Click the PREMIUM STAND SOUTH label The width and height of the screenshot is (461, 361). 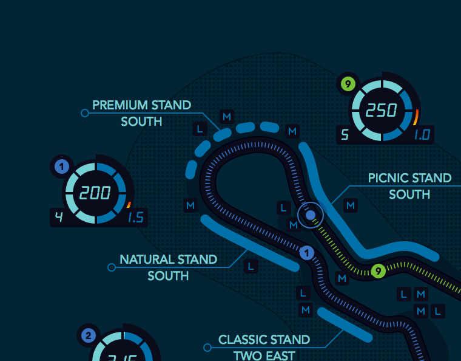[x=141, y=113]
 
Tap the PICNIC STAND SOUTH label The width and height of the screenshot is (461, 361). [x=409, y=186]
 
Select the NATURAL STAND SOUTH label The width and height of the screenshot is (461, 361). [x=168, y=267]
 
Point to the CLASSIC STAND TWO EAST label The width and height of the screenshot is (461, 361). [x=264, y=347]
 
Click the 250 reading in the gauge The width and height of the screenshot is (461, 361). [x=382, y=111]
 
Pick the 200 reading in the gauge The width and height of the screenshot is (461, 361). [x=95, y=193]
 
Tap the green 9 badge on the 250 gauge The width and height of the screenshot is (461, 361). [x=348, y=83]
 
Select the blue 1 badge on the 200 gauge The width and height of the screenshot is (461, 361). [x=61, y=166]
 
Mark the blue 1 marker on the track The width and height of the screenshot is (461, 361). [x=307, y=253]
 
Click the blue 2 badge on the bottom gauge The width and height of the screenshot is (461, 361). [x=88, y=335]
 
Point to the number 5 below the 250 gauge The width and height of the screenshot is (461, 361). [x=345, y=135]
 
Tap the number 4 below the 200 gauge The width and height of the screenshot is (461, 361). [x=59, y=218]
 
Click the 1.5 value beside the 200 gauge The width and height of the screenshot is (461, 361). [x=135, y=218]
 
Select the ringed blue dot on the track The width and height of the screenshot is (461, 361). [x=311, y=215]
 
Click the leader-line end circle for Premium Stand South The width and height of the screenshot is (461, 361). [x=84, y=113]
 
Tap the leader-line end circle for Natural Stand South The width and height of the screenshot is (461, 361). [x=111, y=267]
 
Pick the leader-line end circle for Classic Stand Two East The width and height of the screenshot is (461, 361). [x=207, y=348]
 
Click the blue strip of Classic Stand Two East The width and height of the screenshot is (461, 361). [x=344, y=324]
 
